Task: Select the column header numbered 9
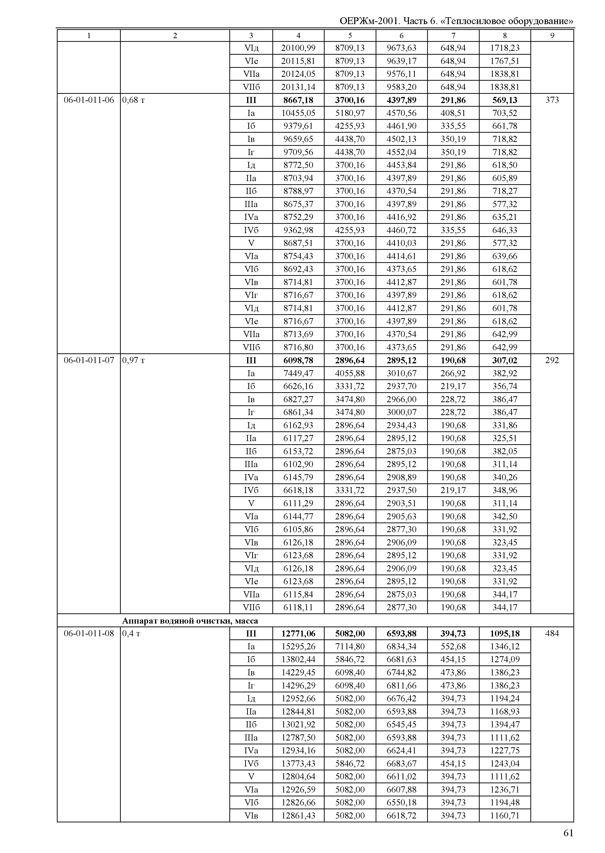[552, 35]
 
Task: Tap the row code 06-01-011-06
[89, 100]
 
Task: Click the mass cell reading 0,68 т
[133, 100]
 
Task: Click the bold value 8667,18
[298, 100]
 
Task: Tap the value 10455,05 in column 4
[298, 113]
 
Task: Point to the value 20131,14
[298, 87]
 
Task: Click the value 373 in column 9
[552, 100]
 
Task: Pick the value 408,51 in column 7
[453, 113]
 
